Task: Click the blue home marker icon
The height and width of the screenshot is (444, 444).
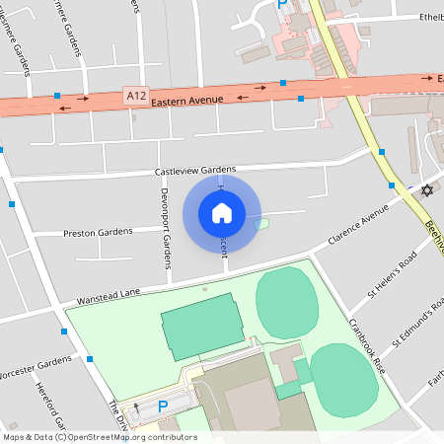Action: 222,212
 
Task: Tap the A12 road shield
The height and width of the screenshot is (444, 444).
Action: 135,95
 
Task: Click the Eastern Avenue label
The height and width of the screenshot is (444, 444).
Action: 188,100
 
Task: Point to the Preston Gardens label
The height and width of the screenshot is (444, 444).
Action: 98,233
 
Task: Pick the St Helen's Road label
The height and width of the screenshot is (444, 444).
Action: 393,273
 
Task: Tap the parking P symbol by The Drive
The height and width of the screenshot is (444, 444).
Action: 163,405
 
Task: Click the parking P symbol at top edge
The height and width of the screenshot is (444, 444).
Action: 281,4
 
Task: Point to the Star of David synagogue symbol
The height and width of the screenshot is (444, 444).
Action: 426,190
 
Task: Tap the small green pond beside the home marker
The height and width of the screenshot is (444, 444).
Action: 260,225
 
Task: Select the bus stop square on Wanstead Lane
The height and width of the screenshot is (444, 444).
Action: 90,359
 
